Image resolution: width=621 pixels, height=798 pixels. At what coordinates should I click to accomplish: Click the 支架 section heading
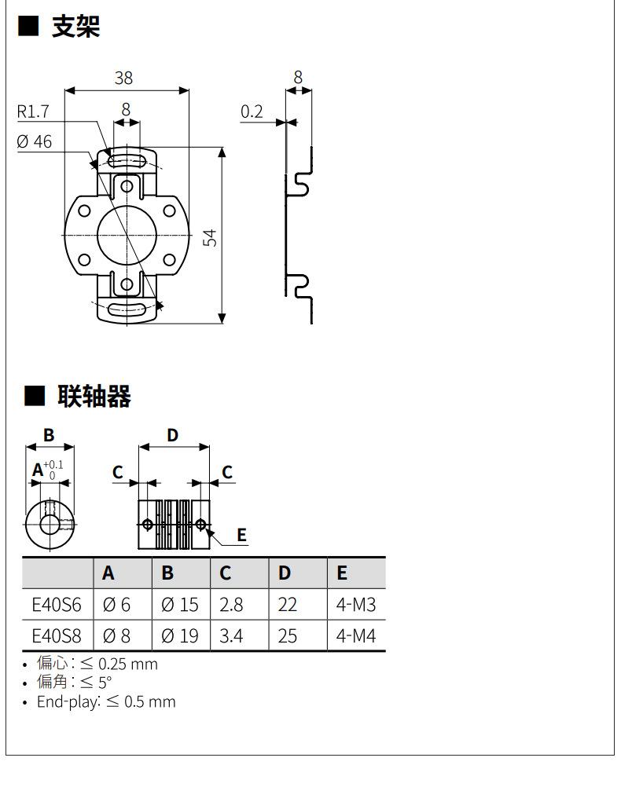75,27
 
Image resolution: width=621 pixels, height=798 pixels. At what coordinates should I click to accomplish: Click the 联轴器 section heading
94,396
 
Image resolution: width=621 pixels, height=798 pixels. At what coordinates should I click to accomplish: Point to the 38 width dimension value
123,78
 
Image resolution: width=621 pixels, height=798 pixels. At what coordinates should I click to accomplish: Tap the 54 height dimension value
209,238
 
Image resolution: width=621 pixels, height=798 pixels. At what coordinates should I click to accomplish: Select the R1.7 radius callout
33,112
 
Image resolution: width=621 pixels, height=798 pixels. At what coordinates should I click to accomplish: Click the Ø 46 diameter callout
34,141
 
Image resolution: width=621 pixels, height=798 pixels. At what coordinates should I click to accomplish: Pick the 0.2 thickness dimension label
252,112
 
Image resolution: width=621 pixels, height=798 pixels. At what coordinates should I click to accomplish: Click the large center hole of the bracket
127,235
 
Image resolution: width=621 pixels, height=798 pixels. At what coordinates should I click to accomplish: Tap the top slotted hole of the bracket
127,162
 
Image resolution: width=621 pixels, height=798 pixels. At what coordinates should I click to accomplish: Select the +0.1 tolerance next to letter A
53,465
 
